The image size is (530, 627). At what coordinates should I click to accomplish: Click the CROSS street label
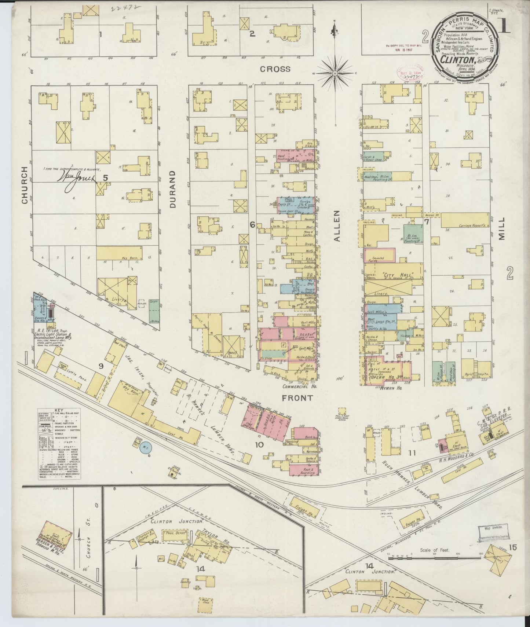(x=275, y=69)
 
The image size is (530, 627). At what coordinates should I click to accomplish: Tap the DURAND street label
(x=173, y=190)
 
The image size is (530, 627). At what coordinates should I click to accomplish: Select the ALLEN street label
(x=338, y=226)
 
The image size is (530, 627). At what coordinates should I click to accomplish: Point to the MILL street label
(x=502, y=228)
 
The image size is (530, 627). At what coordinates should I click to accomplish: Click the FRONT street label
(x=297, y=398)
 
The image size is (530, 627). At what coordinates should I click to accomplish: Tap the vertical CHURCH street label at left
(x=24, y=185)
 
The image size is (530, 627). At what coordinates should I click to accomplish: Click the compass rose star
(x=335, y=74)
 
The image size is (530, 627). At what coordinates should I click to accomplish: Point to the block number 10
(x=259, y=445)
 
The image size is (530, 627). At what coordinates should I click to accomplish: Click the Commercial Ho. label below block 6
(x=300, y=386)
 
